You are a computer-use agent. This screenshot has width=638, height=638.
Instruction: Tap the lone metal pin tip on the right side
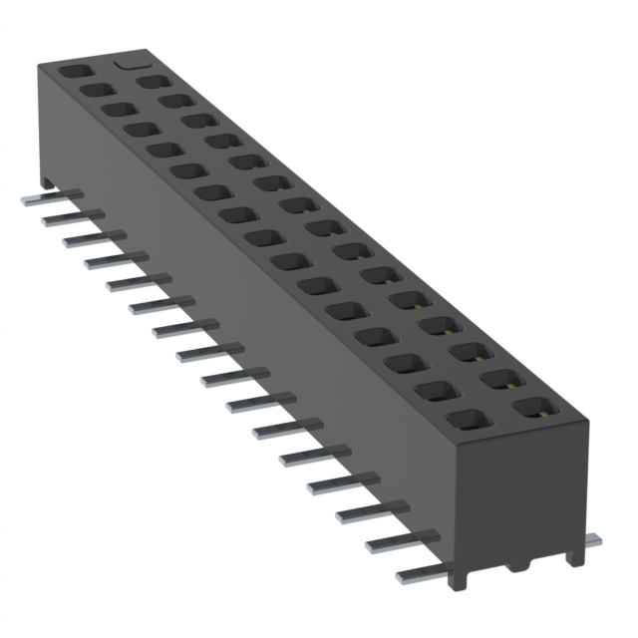(x=591, y=540)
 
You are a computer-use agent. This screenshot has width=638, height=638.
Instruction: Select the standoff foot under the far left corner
(x=47, y=180)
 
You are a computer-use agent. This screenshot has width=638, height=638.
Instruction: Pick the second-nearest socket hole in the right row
(x=500, y=378)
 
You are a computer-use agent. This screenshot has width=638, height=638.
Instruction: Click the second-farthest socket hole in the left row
(x=95, y=91)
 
